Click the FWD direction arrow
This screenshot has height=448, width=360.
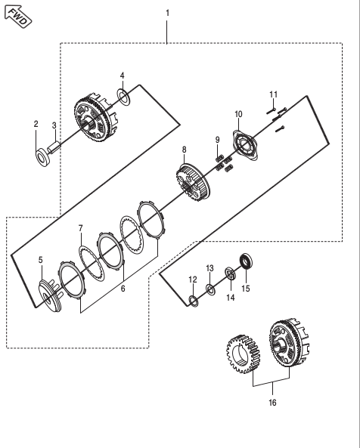[x=18, y=16]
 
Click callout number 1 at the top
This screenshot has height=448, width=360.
[x=168, y=13]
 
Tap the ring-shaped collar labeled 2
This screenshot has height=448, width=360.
[x=43, y=157]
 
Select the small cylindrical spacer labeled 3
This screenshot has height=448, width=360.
[x=54, y=148]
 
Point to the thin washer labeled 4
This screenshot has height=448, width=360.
[x=123, y=97]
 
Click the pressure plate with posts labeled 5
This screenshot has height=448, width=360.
[x=49, y=295]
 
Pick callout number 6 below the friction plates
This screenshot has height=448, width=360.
[x=123, y=289]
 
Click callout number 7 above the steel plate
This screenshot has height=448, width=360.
[x=81, y=229]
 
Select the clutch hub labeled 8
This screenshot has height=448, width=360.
[x=193, y=182]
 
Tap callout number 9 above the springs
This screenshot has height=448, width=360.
[x=218, y=140]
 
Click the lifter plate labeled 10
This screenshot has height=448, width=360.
[x=244, y=145]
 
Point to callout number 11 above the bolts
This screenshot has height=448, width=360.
[x=274, y=94]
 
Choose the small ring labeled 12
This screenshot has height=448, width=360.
[x=194, y=301]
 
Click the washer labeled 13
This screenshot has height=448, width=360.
[x=211, y=289]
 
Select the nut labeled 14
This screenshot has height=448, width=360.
[x=230, y=273]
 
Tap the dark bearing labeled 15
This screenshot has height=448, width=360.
[x=247, y=261]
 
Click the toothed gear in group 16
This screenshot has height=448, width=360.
[x=243, y=354]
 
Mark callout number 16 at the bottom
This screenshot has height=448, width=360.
[x=272, y=403]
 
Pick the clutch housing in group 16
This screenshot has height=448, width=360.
[x=289, y=343]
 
